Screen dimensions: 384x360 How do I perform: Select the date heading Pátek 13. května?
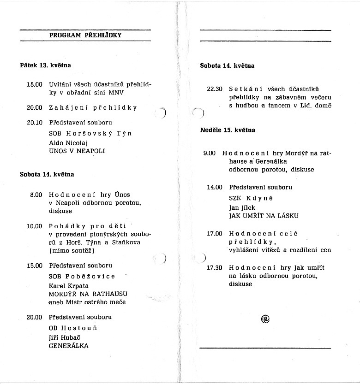point(45,65)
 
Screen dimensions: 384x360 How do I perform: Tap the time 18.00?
point(35,85)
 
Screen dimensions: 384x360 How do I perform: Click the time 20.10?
point(35,123)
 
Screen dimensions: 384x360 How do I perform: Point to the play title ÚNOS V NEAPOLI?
point(77,151)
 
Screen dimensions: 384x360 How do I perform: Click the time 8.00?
point(36,195)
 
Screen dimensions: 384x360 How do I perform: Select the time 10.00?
point(35,226)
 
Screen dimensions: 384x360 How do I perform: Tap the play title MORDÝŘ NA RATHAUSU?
point(88,294)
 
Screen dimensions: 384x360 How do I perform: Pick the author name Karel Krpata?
point(69,286)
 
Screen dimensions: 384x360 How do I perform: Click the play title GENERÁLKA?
point(69,346)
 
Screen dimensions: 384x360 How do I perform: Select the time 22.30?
point(215,89)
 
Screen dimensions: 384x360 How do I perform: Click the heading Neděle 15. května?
point(228,130)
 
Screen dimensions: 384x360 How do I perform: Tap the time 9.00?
point(210,153)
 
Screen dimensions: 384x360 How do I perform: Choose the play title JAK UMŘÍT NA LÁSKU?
point(264,216)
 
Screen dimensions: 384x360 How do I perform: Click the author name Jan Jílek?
point(242,208)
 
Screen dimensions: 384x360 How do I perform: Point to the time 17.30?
point(215,267)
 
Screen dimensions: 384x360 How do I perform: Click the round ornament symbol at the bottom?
point(265,319)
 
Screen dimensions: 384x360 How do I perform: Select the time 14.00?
point(215,187)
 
